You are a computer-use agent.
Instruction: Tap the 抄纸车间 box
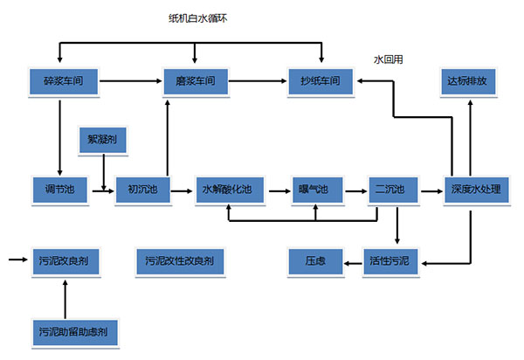click(322, 83)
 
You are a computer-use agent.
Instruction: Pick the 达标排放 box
click(471, 83)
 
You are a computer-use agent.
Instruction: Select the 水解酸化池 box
click(229, 190)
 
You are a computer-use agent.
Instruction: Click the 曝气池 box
click(312, 190)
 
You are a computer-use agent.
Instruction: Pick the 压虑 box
click(316, 260)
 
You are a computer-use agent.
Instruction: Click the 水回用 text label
click(388, 59)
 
